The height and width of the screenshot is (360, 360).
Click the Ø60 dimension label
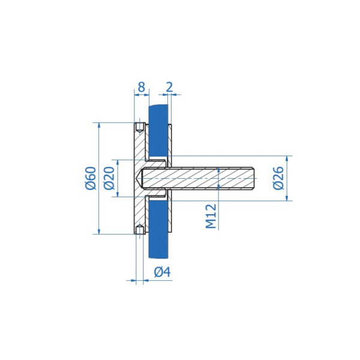[91, 178]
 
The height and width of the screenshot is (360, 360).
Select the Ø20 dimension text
[109, 178]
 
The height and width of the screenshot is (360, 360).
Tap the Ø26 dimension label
[279, 178]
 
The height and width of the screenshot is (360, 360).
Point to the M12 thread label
[211, 216]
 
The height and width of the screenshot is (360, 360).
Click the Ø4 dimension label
[163, 272]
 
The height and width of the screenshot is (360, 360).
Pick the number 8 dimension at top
[142, 87]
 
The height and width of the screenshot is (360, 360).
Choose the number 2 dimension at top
[169, 87]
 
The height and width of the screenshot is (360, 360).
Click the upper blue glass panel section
[158, 131]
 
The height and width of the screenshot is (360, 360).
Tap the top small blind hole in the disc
[140, 127]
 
